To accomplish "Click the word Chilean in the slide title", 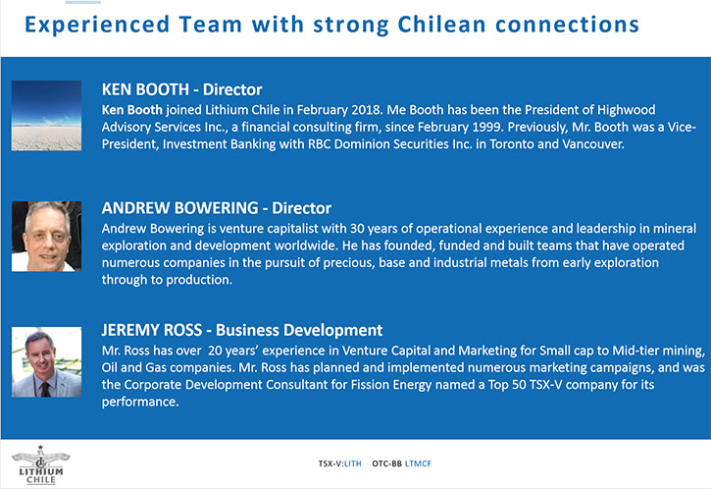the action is (x=441, y=25).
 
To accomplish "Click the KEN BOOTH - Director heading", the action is (x=181, y=89).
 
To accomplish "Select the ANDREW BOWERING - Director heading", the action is (x=217, y=208).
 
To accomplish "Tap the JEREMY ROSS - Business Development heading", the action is (x=242, y=330).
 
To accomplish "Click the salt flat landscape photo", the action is (x=47, y=115).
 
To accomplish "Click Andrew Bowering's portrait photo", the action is (x=47, y=236).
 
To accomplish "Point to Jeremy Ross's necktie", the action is (x=45, y=389).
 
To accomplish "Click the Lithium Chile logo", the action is (x=40, y=464).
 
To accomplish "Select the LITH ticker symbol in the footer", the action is (x=353, y=463).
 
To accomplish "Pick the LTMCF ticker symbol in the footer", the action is (x=418, y=463).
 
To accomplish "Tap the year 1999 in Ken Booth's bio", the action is (x=487, y=127).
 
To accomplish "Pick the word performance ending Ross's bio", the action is (x=140, y=403).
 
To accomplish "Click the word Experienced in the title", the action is (x=97, y=25).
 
